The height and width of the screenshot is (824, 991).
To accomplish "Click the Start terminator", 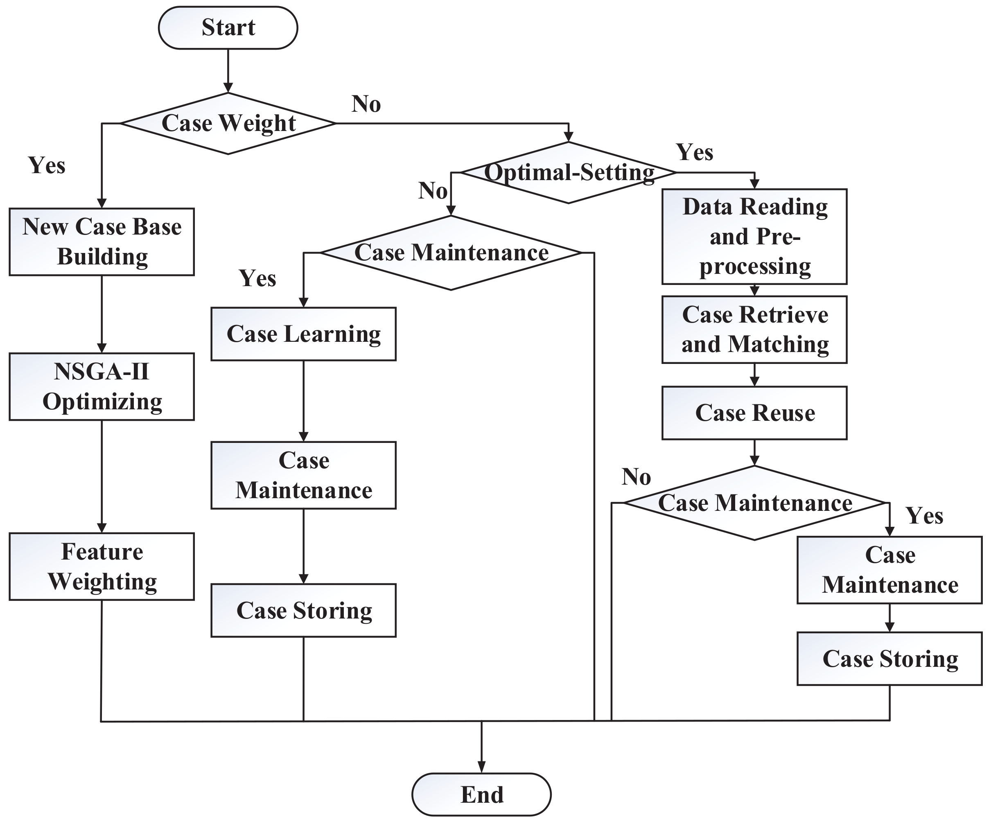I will tap(228, 27).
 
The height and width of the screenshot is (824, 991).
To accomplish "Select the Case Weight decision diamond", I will tap(228, 123).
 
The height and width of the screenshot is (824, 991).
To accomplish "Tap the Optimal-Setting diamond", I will tap(568, 173).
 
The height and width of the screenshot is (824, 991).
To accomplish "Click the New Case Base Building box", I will tap(102, 242).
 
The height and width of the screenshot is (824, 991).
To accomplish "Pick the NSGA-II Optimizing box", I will tap(102, 386).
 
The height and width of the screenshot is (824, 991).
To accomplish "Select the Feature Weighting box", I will tap(102, 567).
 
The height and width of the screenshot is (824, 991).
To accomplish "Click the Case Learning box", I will tap(303, 334).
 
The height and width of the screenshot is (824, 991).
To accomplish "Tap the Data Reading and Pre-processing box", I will tap(754, 237).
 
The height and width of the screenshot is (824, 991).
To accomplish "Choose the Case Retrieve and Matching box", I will tap(754, 330).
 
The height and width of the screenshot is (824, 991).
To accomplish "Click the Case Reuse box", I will tap(754, 413).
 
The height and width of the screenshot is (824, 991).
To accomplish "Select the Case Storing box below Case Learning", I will tap(303, 610).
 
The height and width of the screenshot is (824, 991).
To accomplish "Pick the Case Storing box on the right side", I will tap(889, 658).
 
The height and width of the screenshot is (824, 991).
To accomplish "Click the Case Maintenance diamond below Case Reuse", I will tap(754, 503).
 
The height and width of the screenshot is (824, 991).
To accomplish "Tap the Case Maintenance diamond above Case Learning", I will tap(451, 253).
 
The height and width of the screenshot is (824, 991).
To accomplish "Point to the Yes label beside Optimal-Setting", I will tap(694, 152).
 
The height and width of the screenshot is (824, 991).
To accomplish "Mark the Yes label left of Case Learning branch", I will tap(257, 278).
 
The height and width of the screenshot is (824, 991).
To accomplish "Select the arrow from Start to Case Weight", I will tap(228, 71).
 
